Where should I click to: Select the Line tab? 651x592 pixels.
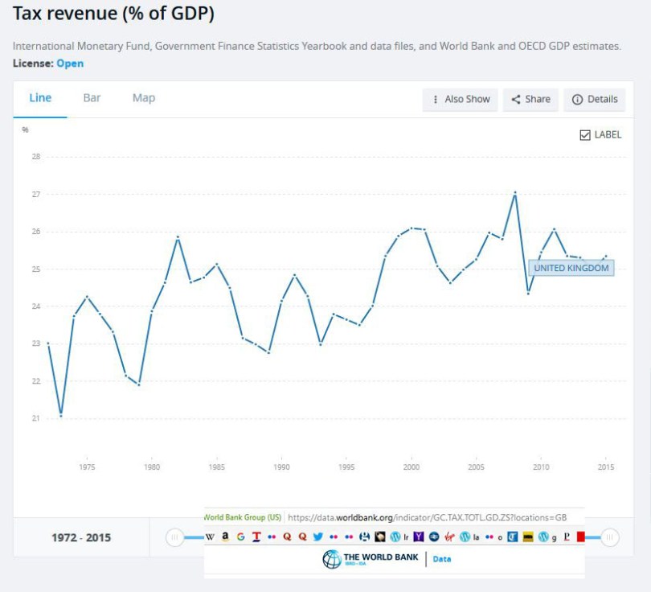[40, 98]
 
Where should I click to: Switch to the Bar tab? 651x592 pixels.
[92, 98]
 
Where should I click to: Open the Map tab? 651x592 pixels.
[144, 98]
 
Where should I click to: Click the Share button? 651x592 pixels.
[531, 99]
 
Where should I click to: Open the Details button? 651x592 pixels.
[595, 99]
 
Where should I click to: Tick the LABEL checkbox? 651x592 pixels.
[585, 135]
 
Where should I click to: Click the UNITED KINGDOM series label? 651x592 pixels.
[571, 268]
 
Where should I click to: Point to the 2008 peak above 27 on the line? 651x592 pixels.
[515, 192]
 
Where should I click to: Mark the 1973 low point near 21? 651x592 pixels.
[61, 416]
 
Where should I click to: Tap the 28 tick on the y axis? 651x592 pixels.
[35, 157]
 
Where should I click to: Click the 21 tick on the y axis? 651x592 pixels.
[35, 418]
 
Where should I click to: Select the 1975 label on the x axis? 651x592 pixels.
[87, 467]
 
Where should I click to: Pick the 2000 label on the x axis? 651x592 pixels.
[411, 467]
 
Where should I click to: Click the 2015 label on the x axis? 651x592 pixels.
[606, 467]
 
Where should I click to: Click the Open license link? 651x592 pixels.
[70, 64]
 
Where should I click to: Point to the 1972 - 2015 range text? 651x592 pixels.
[81, 537]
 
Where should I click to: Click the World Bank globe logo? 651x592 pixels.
[331, 560]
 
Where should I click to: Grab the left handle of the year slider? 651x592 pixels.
[174, 537]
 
